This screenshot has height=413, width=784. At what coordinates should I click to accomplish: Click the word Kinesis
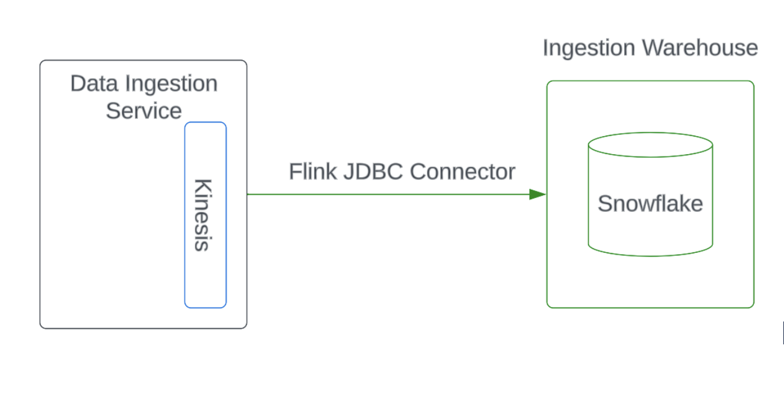[203, 214]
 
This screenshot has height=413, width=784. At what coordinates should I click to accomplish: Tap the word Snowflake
[650, 203]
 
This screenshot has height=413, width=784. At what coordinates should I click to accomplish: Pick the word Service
[144, 111]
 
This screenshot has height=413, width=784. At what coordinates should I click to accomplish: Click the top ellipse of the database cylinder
[650, 145]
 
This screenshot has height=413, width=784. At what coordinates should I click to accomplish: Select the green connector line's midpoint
[396, 194]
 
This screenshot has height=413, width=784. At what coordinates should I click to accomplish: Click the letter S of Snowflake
[605, 203]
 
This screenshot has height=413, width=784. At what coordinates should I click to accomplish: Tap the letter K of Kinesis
[203, 185]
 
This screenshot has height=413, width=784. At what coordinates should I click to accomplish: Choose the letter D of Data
[78, 83]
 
